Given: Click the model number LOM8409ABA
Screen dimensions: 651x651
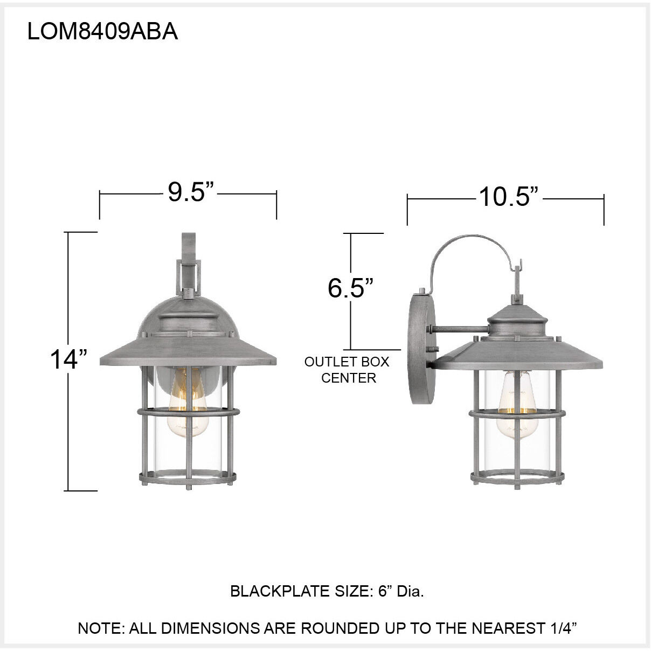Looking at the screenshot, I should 102,32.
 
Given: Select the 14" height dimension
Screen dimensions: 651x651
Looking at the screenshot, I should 68,359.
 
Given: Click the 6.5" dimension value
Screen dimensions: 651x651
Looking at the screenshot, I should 351,288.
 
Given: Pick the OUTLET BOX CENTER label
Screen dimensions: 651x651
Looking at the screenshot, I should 347,370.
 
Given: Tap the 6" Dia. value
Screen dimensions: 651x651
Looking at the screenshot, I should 401,592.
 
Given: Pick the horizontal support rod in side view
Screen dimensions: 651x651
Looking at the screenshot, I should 458,329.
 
